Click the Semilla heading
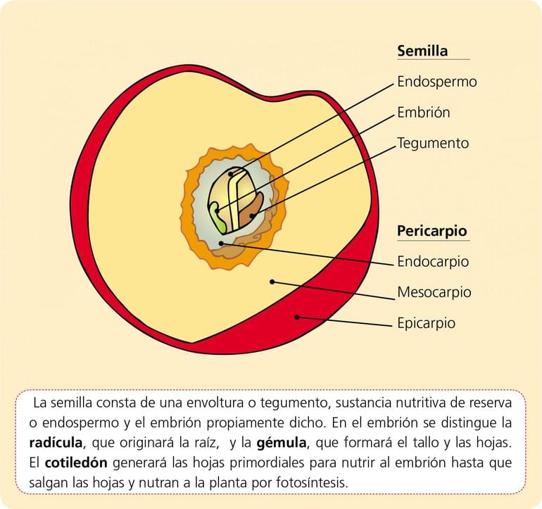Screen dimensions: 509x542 point(422,51)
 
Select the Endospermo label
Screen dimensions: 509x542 point(436,82)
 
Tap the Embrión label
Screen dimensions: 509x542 point(423,113)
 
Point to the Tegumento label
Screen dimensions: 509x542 point(432,144)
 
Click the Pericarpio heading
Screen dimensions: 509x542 point(431,231)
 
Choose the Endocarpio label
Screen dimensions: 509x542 point(432,262)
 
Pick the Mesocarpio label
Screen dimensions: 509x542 point(434,292)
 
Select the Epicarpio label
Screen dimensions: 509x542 point(426,323)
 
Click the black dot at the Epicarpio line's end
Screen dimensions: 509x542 point(297,317)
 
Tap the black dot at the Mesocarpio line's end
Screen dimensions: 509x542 point(272,282)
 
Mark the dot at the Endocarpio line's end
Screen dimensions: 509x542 point(222,243)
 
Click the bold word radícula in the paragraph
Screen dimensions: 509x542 point(56,444)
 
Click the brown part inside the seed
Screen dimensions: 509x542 point(251,209)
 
